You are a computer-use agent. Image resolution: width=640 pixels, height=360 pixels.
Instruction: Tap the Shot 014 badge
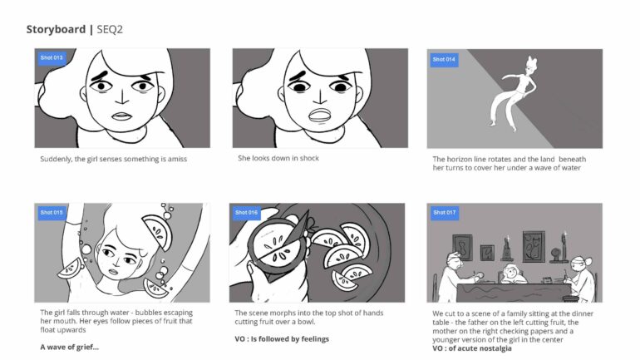click(443, 59)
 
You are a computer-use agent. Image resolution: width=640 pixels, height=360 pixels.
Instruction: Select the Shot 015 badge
click(51, 213)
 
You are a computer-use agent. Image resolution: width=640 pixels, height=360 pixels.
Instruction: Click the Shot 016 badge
click(247, 213)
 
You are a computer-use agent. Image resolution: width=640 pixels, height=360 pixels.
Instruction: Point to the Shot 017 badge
click(443, 213)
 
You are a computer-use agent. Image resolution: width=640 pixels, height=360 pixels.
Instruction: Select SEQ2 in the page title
click(111, 29)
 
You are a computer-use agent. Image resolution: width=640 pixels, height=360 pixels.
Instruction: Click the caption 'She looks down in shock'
click(278, 158)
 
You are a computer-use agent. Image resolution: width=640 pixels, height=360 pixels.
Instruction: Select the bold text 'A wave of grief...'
click(69, 347)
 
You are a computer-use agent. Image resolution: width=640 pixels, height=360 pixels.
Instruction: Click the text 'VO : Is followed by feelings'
click(282, 338)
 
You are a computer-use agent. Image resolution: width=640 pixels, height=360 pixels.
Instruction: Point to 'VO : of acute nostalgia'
click(472, 348)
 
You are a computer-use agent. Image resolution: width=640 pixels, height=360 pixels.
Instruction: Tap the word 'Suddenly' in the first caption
click(57, 158)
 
